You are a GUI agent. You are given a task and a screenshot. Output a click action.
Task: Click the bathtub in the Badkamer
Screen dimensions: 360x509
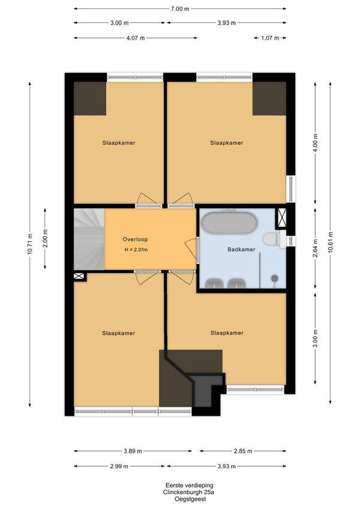[x=230, y=223]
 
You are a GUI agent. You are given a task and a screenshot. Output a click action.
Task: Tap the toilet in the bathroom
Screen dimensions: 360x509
[x=274, y=239]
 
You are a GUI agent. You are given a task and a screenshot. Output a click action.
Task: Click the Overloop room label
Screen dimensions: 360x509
[x=135, y=239]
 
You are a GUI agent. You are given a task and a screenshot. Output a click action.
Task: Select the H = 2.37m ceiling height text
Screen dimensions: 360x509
[x=136, y=250]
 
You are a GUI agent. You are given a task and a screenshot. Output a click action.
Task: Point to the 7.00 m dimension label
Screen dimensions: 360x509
[x=180, y=9]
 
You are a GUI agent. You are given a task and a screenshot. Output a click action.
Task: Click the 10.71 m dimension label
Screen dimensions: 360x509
[x=30, y=244]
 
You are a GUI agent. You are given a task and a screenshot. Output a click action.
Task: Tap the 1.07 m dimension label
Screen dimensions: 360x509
[x=271, y=38]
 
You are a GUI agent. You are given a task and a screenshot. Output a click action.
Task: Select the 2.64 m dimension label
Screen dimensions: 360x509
[x=315, y=248]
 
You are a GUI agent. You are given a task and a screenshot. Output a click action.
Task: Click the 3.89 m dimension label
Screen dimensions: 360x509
[x=133, y=451]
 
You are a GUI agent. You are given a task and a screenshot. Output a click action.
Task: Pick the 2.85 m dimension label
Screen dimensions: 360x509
[x=243, y=451]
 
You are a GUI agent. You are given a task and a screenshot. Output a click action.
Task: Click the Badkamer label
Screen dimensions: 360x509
[x=241, y=249]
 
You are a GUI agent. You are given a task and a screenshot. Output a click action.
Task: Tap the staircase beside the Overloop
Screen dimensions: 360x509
[x=89, y=239]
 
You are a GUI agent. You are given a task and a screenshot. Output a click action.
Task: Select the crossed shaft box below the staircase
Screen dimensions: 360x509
[x=79, y=276]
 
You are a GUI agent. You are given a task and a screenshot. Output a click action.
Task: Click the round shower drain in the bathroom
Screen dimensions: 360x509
[x=275, y=278]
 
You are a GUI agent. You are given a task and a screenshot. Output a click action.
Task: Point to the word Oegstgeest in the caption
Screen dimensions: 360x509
[x=190, y=499]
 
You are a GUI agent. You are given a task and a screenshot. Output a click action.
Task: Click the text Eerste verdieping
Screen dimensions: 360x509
[x=190, y=486]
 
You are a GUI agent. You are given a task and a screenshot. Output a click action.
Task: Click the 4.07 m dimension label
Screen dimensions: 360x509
[x=136, y=38]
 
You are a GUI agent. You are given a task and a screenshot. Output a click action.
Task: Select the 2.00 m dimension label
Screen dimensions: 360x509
[x=45, y=238]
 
